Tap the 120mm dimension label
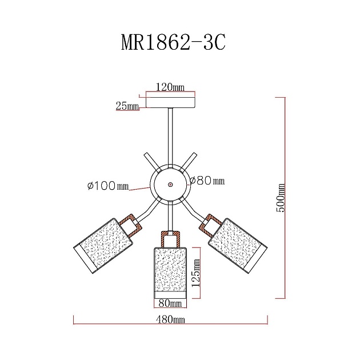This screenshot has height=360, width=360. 170,87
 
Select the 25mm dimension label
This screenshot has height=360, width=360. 127,106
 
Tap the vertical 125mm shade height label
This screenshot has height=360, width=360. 196,273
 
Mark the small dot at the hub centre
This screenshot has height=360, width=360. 170,185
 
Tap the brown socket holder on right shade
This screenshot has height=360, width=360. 210,224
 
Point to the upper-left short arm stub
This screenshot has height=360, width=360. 150,161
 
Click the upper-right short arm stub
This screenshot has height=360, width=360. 190,161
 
